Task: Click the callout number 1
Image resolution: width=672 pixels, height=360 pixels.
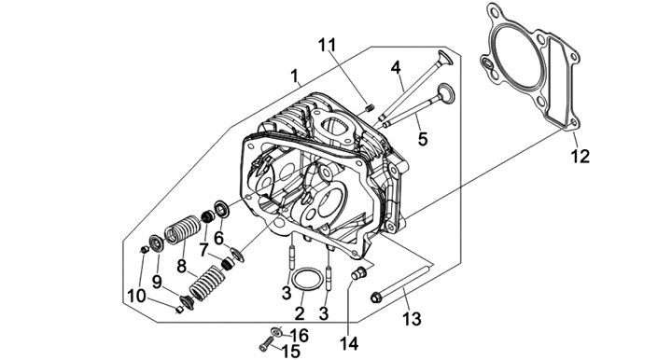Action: pyautogui.click(x=294, y=76)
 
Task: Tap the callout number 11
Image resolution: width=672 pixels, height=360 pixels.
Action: pyautogui.click(x=327, y=45)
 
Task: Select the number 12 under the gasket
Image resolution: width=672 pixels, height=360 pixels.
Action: pyautogui.click(x=581, y=157)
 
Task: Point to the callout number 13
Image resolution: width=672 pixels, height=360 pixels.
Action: pyautogui.click(x=412, y=319)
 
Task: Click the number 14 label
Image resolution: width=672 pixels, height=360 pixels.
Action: pyautogui.click(x=349, y=344)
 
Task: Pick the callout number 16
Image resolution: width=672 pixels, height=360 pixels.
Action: pyautogui.click(x=300, y=336)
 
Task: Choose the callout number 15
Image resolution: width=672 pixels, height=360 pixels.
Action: pyautogui.click(x=291, y=352)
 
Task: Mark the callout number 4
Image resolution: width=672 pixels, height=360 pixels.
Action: pyautogui.click(x=396, y=67)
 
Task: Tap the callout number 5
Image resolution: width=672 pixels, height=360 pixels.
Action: pyautogui.click(x=423, y=139)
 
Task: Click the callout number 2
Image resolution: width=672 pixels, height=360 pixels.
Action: pyautogui.click(x=300, y=313)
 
